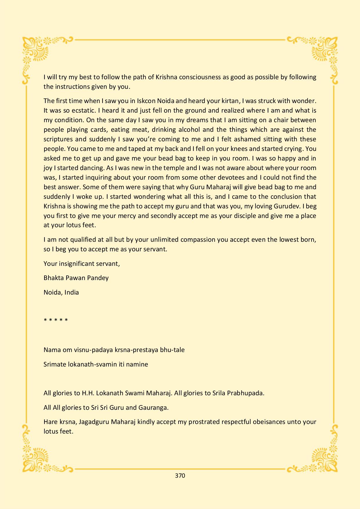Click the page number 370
pyautogui.click(x=180, y=476)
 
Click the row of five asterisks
pyautogui.click(x=56, y=320)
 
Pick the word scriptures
pyautogui.click(x=58, y=139)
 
